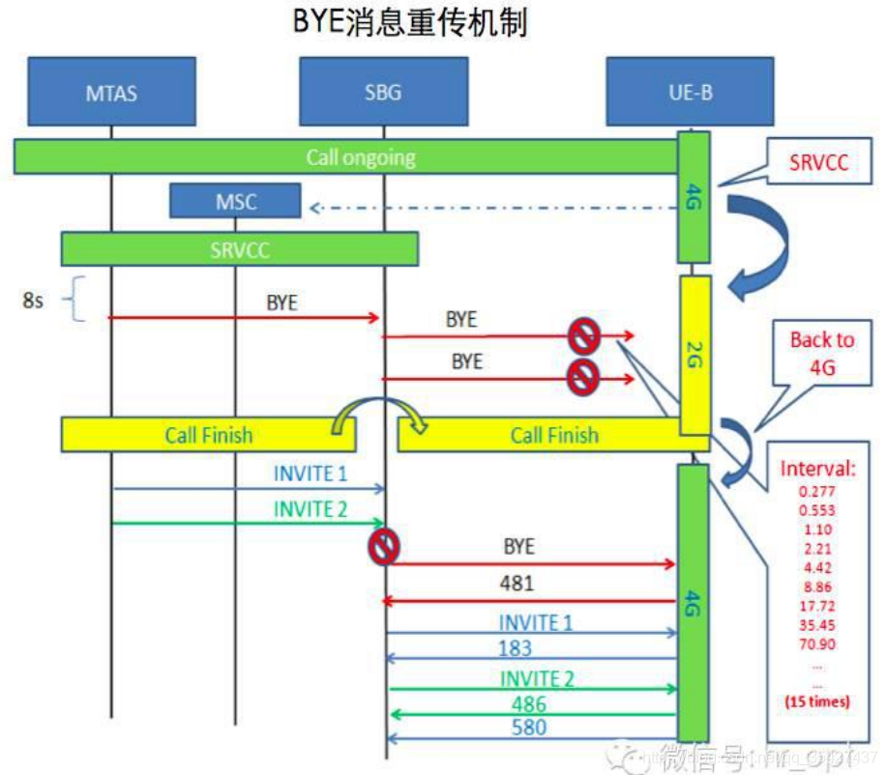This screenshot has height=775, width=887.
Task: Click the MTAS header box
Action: tap(111, 93)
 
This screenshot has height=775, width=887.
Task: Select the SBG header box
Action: tap(383, 93)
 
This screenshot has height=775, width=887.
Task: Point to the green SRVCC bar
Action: tap(240, 249)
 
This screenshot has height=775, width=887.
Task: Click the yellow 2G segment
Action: tap(695, 355)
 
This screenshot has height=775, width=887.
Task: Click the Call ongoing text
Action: tap(360, 157)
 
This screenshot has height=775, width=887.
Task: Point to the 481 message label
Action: tap(517, 584)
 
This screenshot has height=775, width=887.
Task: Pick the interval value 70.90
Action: tap(817, 645)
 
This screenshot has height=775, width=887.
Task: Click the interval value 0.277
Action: tap(817, 492)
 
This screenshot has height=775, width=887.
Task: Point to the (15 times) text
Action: tap(817, 702)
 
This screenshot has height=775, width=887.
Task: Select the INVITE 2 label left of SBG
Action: tap(310, 509)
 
